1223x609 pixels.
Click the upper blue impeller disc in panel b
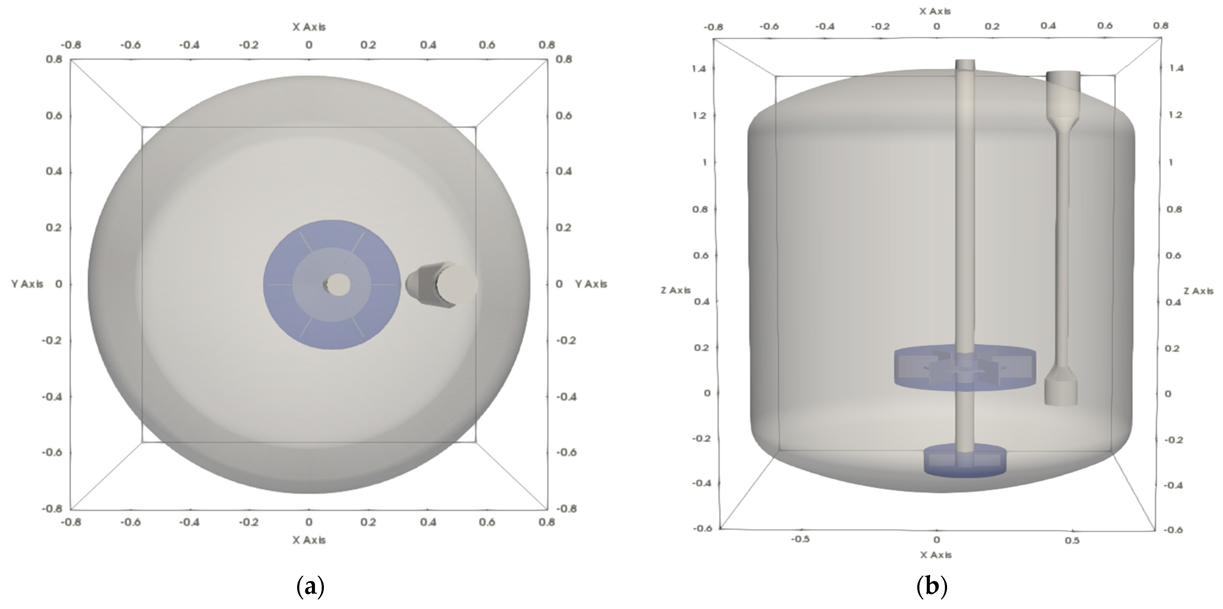(x=965, y=368)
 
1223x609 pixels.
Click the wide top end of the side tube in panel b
(x=1064, y=81)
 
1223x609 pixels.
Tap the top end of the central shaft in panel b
(x=965, y=64)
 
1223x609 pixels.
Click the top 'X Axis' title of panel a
(x=309, y=27)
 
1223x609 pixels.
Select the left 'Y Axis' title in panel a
(x=27, y=284)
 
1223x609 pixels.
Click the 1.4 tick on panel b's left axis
(x=699, y=69)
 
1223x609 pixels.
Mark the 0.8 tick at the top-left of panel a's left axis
(x=54, y=59)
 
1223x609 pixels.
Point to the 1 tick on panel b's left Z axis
(x=704, y=162)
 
